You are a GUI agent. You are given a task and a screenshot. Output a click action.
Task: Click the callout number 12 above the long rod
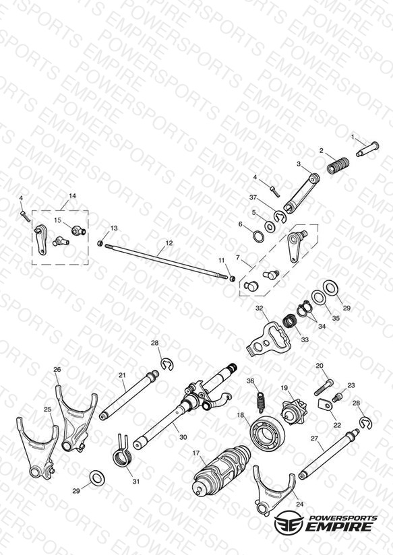point(169,243)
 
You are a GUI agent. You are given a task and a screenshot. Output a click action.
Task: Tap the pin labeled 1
point(367,149)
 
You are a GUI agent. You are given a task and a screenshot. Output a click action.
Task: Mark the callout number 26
point(57,369)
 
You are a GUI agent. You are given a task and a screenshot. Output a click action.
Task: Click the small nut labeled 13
point(100,243)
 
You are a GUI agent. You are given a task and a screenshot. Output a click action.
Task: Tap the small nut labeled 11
point(232,279)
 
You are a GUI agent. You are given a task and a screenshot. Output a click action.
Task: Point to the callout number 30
point(183,437)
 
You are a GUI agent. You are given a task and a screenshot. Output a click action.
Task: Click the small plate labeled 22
point(324,403)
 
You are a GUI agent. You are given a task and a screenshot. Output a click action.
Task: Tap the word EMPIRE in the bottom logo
point(339,526)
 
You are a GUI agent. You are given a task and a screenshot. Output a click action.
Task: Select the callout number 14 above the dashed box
point(72,196)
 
